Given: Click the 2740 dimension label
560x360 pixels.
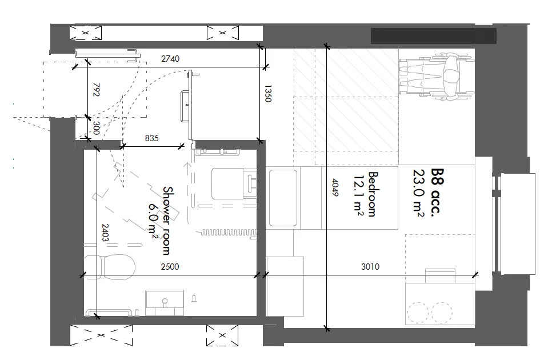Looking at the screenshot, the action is coord(170,58).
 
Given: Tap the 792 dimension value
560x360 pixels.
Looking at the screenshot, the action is coord(96,90).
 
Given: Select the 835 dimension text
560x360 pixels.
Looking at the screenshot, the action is coord(152,138).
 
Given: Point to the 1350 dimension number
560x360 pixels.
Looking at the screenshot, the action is coord(268,94).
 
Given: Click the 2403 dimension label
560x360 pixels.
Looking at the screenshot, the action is coord(105,233).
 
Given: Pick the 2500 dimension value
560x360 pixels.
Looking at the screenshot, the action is coord(170,267).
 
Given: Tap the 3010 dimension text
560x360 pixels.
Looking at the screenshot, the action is coord(370,266).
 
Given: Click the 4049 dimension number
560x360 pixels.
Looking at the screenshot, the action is coord(335,187).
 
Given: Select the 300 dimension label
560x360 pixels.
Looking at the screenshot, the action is coord(96,128).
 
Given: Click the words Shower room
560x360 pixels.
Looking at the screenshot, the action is coord(167,221).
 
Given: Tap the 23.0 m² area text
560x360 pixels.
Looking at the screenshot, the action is coord(418,193).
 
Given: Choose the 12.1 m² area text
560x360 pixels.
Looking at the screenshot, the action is coord(359,195).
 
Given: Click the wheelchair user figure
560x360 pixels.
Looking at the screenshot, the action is coord(437,75).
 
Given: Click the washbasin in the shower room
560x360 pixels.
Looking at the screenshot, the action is coord(165,302).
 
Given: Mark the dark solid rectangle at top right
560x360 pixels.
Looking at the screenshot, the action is coord(434,36).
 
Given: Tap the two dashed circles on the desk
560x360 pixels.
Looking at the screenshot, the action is coord(430,313).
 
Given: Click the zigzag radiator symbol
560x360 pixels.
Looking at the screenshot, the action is coord(229,233).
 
